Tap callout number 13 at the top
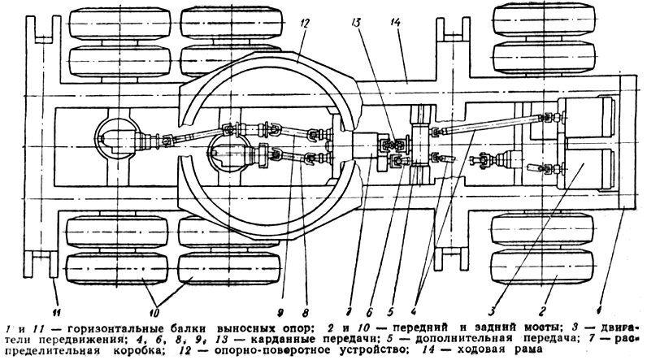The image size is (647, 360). coord(356,22)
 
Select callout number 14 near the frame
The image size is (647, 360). coord(395,22)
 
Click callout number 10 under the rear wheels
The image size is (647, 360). coord(154,312)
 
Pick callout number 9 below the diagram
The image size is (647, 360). coord(281,312)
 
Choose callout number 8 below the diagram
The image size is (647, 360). coord(306,312)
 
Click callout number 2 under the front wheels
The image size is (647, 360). coord(544,310)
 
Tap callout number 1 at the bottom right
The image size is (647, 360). coord(599,309)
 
